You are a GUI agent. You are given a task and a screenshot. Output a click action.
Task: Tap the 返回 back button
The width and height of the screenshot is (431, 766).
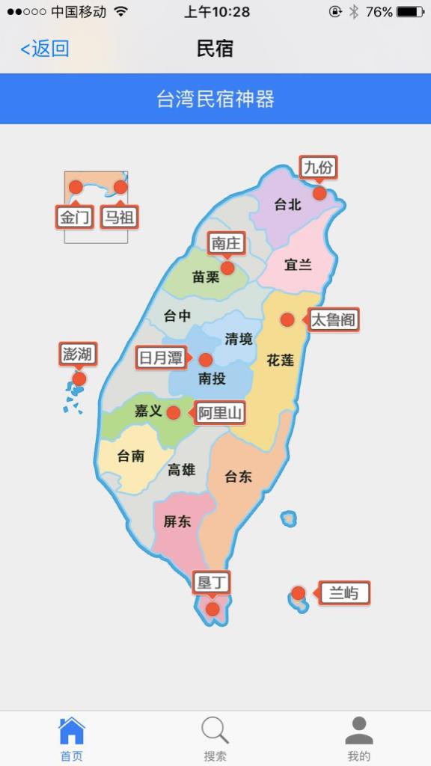pos(45,49)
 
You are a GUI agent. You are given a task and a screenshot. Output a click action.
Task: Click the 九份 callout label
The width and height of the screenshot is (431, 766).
pos(318,168)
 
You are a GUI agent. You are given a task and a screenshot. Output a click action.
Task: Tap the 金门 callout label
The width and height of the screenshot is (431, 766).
pos(75,217)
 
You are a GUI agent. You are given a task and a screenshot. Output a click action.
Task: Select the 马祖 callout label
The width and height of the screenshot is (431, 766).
pos(120,217)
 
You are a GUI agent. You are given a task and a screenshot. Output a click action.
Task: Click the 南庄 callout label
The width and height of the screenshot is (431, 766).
pos(226,243)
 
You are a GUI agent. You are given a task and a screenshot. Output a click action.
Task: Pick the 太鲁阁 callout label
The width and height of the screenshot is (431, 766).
pos(333,320)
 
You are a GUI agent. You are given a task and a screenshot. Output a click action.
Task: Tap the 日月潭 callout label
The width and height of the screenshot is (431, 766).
pos(161,358)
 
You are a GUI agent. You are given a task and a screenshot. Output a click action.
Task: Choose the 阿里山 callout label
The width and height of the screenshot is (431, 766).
pos(221,413)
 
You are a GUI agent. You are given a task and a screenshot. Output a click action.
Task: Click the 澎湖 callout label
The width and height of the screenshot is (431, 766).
pos(78,354)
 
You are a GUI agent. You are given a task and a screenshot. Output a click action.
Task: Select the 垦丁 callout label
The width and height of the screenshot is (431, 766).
pos(212,582)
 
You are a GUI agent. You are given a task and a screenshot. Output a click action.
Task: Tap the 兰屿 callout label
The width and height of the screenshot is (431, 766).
pos(344,594)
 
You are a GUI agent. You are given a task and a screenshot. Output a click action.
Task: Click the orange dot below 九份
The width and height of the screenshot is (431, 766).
pos(320,193)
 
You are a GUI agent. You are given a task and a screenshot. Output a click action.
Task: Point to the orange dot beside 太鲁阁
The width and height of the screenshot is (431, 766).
pos(287,320)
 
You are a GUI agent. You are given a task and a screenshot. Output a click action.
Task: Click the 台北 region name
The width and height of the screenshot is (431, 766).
pos(287,204)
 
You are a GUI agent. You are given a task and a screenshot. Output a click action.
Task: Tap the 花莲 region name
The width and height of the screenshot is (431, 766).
pos(281,361)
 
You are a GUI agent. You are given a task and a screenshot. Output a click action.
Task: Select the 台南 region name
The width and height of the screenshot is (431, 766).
pos(131,456)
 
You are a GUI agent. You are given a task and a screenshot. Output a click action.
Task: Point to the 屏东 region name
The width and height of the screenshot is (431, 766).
pos(177,522)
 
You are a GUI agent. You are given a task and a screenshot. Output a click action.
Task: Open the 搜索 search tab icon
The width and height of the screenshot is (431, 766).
pos(215,731)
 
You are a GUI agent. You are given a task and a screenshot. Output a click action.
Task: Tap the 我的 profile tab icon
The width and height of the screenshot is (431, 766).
pos(359,731)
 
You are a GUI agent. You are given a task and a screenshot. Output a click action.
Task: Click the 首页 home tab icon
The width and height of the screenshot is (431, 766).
pos(72,731)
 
